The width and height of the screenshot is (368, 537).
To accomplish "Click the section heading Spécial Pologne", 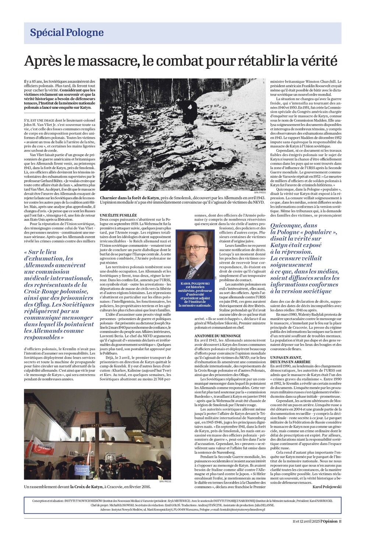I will pos(67,33).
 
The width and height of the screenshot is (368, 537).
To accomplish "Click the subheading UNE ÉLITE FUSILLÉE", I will pos(118,215).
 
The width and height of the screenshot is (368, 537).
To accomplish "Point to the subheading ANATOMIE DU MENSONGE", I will pos(217,336).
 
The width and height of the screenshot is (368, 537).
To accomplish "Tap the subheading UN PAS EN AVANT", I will pos(286,358).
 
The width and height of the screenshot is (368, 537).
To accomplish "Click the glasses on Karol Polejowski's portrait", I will pos(195,248).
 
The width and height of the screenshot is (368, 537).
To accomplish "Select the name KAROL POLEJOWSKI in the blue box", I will pos(195,284).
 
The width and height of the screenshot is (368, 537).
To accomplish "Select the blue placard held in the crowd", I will pos(82,470).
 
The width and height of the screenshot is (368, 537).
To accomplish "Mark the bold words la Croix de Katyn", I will pos(87,487).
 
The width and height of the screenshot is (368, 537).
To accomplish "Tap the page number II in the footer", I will pos(340,521).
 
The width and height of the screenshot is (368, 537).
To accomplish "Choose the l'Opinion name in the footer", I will pos(329,521).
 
